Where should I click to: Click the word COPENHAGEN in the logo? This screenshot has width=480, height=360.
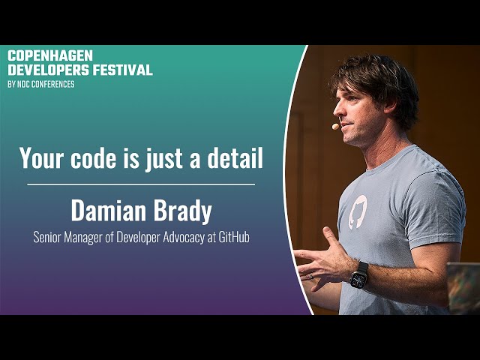pyautogui.click(x=50, y=55)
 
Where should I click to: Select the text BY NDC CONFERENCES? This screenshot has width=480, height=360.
pyautogui.click(x=41, y=84)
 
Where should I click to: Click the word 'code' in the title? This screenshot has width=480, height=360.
pyautogui.click(x=93, y=157)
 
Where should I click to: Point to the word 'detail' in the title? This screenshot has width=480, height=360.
pyautogui.click(x=235, y=157)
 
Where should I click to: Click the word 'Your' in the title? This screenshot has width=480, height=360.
pyautogui.click(x=42, y=157)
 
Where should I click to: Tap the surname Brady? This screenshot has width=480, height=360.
pyautogui.click(x=182, y=211)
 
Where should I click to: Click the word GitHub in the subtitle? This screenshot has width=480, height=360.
pyautogui.click(x=233, y=237)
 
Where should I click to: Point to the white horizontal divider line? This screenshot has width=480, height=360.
pyautogui.click(x=141, y=184)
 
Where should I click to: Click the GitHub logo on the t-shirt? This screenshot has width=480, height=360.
pyautogui.click(x=358, y=211)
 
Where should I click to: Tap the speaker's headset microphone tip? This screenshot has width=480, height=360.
pyautogui.click(x=335, y=126)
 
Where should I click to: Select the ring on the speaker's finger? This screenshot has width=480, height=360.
pyautogui.click(x=311, y=276)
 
